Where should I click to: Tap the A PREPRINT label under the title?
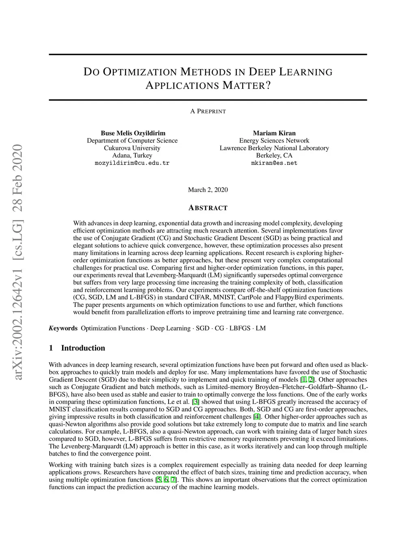pos(208,111)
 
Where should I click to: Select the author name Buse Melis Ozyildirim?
pos(133,133)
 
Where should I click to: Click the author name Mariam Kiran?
pos(274,133)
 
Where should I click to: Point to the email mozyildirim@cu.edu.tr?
pos(132,163)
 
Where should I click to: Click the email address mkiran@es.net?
pos(274,163)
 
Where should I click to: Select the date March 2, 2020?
pos(208,190)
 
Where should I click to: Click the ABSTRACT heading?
pos(208,208)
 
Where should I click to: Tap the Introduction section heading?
pos(83,348)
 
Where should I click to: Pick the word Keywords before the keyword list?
pos(63,328)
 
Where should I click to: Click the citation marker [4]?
pos(257,417)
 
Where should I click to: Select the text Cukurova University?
pos(132,148)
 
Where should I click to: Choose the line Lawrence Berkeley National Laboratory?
pos(274,148)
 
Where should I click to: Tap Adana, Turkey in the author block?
pos(132,156)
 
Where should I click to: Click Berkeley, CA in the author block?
pos(274,156)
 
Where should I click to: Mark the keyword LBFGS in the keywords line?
pos(240,328)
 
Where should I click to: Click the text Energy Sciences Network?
pos(274,140)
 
